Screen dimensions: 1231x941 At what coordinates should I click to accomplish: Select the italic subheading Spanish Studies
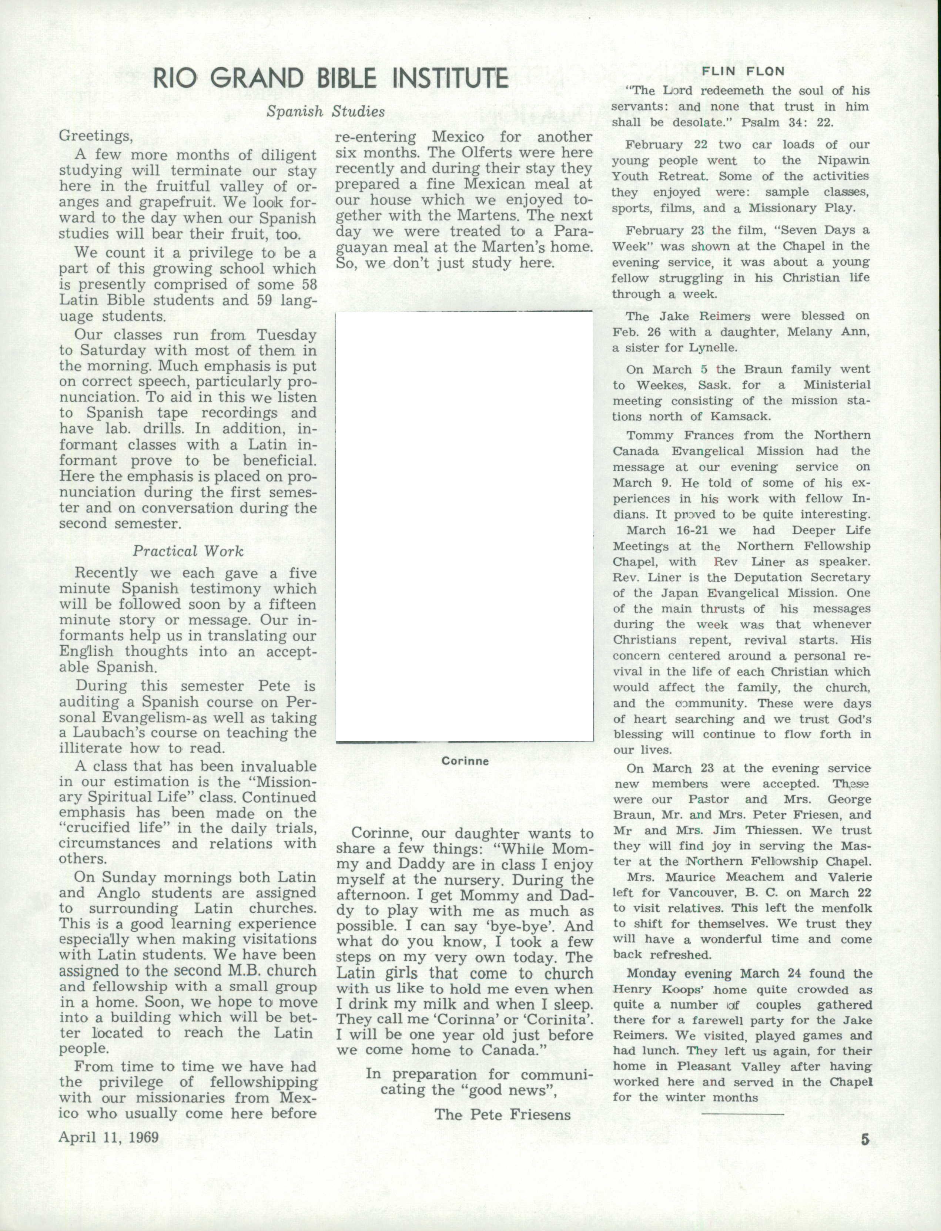(x=325, y=111)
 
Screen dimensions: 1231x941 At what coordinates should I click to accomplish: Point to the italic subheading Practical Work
(x=188, y=551)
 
